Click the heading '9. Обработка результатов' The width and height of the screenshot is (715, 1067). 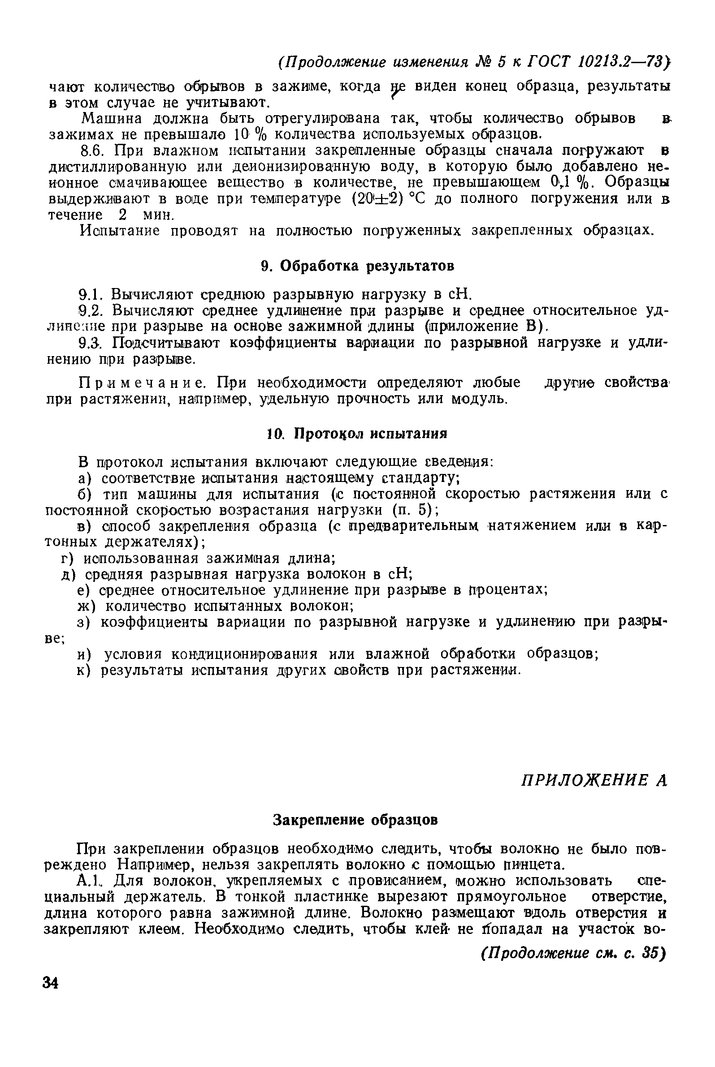point(358,266)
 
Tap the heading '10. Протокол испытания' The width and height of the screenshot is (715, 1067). point(357,433)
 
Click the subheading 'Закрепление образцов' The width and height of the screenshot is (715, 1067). point(355,820)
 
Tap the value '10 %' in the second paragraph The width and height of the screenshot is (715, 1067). point(251,135)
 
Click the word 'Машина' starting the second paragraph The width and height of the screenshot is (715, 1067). point(106,118)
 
